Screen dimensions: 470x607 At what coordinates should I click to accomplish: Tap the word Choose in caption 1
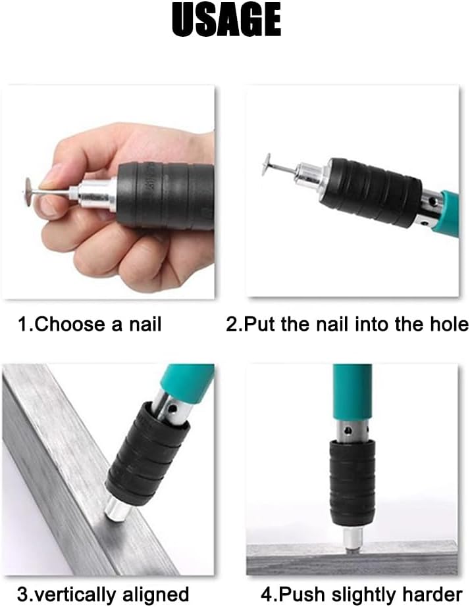coord(70,324)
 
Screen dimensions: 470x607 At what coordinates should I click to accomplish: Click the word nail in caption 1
coord(145,324)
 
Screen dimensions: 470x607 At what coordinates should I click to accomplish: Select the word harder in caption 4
coord(432,595)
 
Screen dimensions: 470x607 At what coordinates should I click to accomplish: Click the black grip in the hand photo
coord(166,196)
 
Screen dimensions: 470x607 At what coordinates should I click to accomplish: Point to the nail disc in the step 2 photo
coord(266,164)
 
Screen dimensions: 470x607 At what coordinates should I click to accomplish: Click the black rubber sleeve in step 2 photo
coord(370,192)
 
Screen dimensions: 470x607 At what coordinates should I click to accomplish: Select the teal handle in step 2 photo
coord(449,214)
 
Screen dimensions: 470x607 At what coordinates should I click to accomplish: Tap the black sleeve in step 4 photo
coord(353,484)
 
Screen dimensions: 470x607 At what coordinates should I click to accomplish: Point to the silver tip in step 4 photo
coord(353,538)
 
